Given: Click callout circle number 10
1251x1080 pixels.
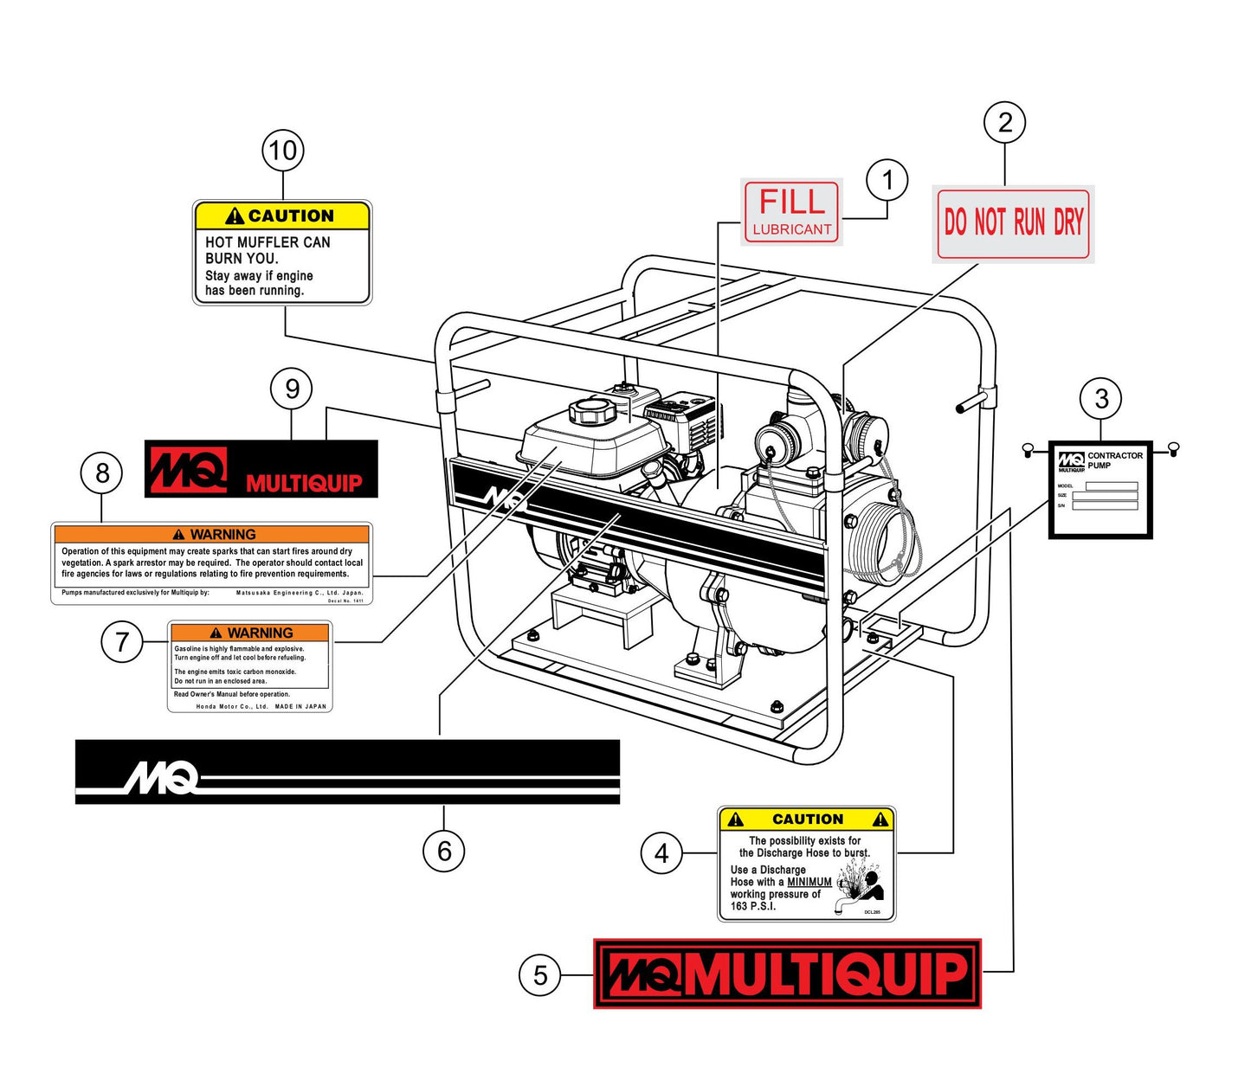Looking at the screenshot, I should coord(282,151).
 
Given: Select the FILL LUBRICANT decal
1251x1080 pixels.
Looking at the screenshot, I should coord(791,212).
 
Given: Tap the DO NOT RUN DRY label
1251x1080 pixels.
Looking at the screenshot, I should coord(1013,223).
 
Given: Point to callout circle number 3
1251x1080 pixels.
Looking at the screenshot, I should coord(1100,399).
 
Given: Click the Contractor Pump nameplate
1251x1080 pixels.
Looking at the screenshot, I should coord(1100,489).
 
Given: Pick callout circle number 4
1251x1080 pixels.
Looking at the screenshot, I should coord(661,853).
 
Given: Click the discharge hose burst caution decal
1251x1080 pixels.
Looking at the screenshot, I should coord(806,864).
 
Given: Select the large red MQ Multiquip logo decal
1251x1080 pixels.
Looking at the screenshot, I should coord(787,974).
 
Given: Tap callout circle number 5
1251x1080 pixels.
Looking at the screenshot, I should coord(540,975).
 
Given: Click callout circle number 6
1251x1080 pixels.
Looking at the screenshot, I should coord(443,852).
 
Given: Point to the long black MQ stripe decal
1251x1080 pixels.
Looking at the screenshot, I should coord(347,772).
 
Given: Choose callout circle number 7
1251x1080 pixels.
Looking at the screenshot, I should coord(122,642).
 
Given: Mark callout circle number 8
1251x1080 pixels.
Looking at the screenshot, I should coord(102,473).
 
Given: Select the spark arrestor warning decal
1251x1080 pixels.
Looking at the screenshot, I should coord(212,563).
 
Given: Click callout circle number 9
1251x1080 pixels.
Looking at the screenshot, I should coord(292,389).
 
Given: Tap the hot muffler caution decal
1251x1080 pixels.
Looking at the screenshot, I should coord(282,253).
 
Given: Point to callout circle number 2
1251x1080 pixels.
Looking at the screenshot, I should coord(1004,122).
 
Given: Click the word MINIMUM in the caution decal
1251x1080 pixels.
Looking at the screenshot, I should coord(809,882).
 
